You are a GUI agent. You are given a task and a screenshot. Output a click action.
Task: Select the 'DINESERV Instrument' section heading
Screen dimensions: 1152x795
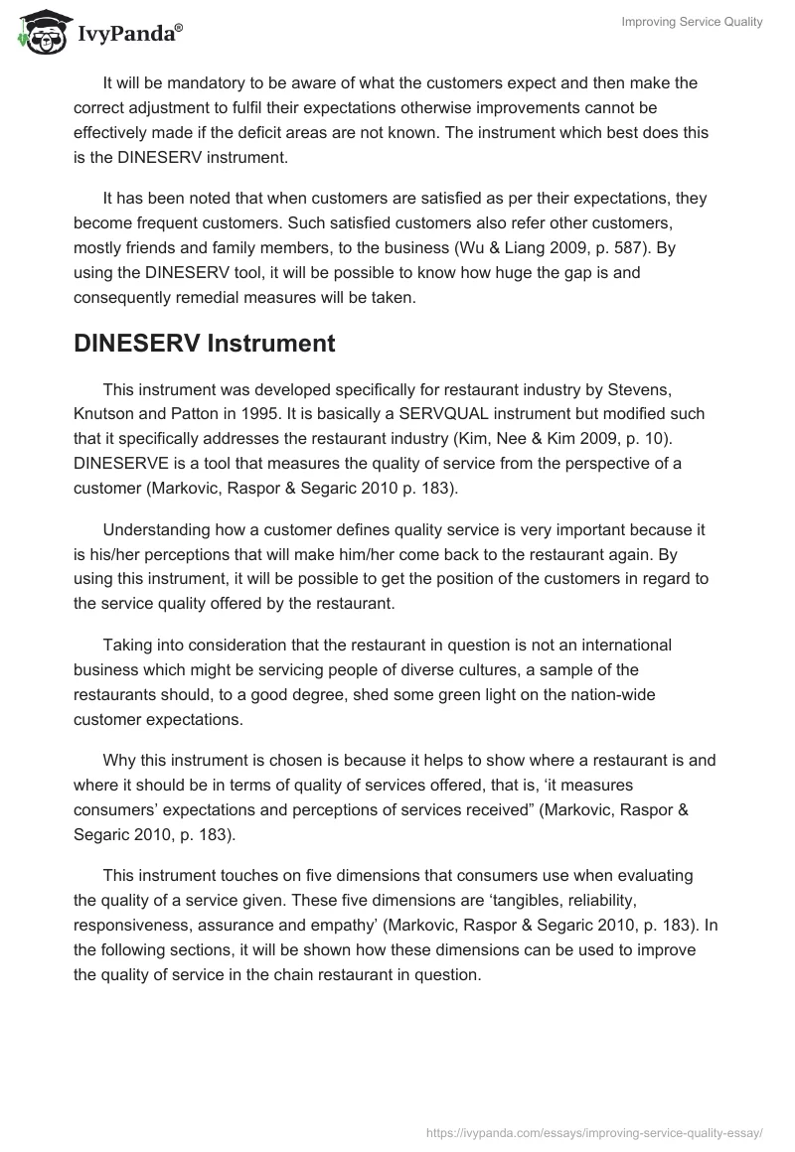pos(204,345)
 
